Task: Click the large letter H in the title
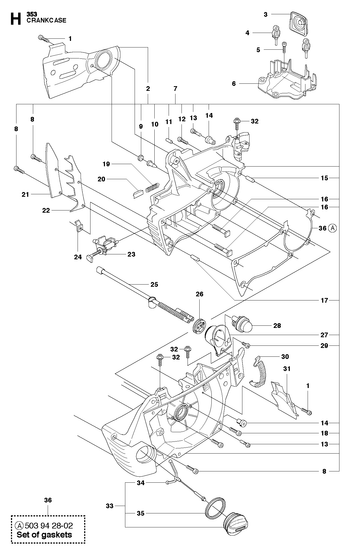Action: [x=15, y=19]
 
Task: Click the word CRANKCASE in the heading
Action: [x=46, y=20]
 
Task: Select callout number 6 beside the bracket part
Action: [x=234, y=83]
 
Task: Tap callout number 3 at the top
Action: [x=265, y=14]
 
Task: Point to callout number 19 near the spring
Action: [x=106, y=164]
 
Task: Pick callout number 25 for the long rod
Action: [x=154, y=284]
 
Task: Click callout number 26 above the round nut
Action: [x=200, y=294]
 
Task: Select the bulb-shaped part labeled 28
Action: [x=242, y=323]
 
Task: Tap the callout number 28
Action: [x=277, y=325]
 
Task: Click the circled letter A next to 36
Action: [x=332, y=228]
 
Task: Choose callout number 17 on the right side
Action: [x=324, y=300]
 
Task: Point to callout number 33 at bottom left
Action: [x=110, y=506]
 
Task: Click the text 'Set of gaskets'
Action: [x=44, y=535]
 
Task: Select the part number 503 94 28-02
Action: [x=49, y=526]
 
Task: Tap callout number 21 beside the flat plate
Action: [x=25, y=194]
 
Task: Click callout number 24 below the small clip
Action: [x=78, y=257]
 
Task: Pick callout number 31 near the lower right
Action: [x=287, y=369]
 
